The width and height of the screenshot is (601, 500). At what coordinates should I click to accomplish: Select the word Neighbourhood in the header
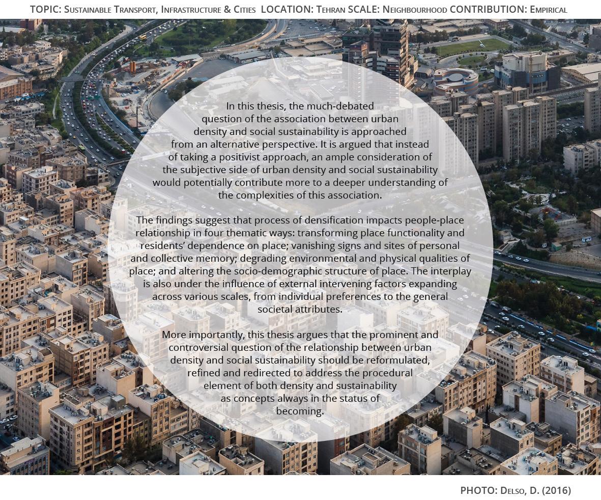tap(415, 10)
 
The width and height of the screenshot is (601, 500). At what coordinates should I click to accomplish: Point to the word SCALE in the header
tap(366, 10)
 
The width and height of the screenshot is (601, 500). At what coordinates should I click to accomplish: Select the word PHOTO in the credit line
tap(478, 491)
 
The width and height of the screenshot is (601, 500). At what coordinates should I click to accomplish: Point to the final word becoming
tap(300, 411)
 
